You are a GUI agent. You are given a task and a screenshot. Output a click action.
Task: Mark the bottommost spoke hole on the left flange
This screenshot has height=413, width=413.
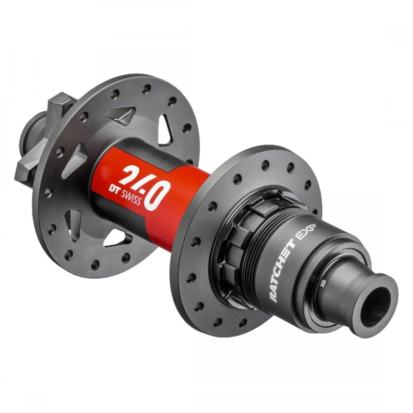tap(95, 265)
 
